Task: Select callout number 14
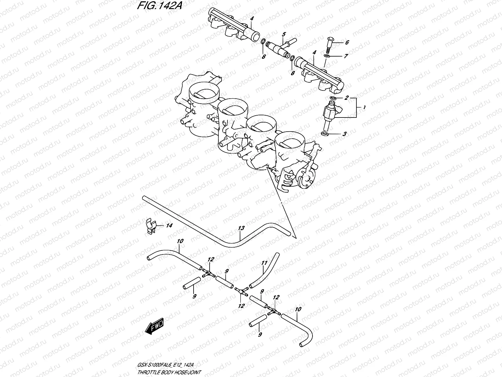tap(169, 225)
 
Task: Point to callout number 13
tap(241, 228)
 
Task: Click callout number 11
tap(264, 263)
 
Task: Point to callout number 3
tap(344, 134)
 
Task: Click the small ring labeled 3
tap(325, 134)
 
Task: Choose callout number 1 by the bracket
tap(364, 107)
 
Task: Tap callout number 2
tap(346, 98)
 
